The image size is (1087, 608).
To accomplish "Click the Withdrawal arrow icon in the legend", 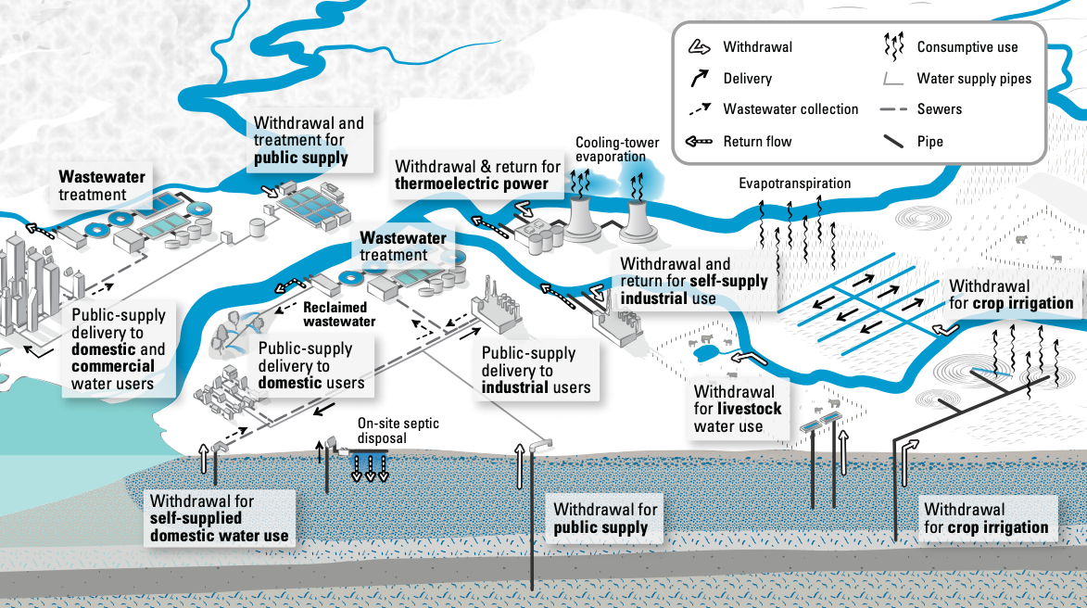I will tap(700, 47).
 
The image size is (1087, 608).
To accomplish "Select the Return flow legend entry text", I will tap(757, 142).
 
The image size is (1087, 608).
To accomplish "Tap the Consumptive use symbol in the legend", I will tap(893, 45).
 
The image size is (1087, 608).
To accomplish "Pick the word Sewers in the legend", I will tap(939, 109).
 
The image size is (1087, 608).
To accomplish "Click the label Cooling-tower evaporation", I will tap(617, 149).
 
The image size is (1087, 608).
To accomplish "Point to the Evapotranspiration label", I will tap(794, 184).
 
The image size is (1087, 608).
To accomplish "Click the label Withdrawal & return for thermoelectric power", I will tap(478, 175).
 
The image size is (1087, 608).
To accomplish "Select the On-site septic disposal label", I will tap(398, 431).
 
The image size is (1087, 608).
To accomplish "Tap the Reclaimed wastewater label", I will tap(339, 314).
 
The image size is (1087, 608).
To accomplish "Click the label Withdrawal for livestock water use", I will tap(738, 409).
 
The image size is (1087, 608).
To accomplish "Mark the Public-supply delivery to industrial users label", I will tap(536, 370).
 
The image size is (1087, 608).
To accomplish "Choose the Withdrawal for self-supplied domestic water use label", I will tap(219, 518).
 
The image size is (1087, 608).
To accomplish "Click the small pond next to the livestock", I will tap(704, 351).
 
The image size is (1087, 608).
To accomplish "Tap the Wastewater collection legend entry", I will tap(790, 109).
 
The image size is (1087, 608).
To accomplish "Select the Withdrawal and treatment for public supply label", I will tap(309, 140).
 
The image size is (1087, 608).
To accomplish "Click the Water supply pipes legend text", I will tap(974, 79).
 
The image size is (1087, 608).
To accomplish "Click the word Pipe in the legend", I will tap(929, 142).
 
